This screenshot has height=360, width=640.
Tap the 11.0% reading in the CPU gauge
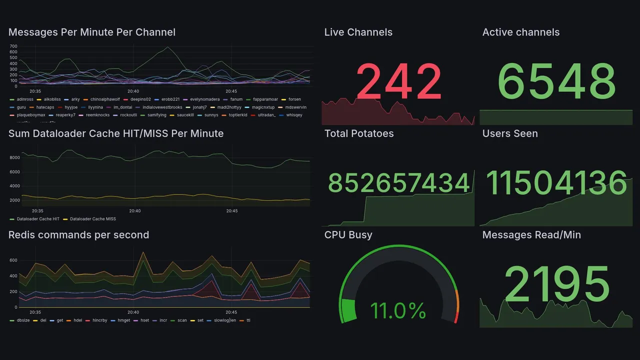coord(398,310)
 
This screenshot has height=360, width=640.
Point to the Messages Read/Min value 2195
coord(556,284)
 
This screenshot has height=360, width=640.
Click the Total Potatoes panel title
coord(358,133)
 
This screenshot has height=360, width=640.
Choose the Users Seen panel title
coord(509,133)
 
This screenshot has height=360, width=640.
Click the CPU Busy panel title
coord(348,235)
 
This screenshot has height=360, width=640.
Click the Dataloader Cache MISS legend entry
coord(92,219)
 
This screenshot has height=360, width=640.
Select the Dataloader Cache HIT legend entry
coord(38,219)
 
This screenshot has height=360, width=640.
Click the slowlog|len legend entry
coord(224,320)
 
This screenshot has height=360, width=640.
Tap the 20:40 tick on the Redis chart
coord(133,312)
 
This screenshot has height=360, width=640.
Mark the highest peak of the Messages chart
coord(167,47)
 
